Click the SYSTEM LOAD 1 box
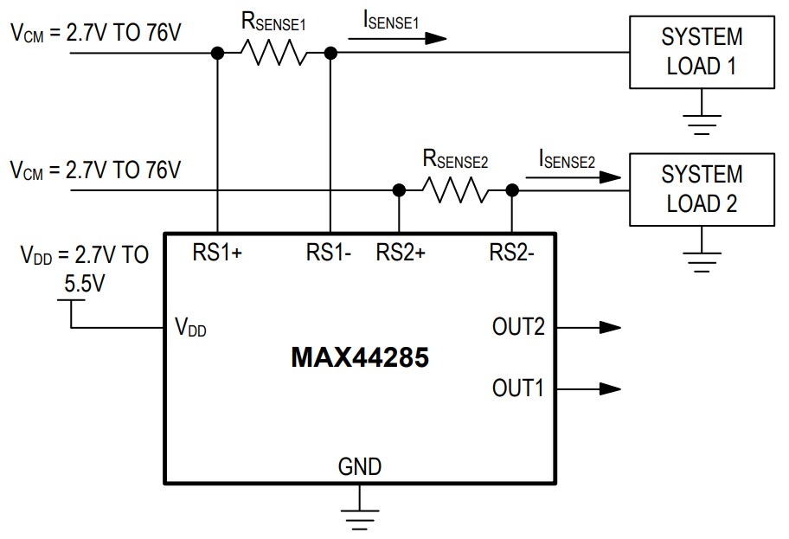(x=702, y=52)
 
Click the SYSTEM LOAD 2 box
(x=702, y=189)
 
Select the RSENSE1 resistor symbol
(x=273, y=54)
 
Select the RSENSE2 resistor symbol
(x=455, y=189)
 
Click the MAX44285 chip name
(x=359, y=357)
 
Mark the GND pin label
(x=360, y=467)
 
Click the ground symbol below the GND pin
(x=360, y=516)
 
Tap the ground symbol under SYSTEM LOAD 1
(x=702, y=125)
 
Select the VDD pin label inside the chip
(x=191, y=328)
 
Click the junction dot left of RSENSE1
(x=217, y=54)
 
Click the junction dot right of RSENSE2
(x=511, y=189)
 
